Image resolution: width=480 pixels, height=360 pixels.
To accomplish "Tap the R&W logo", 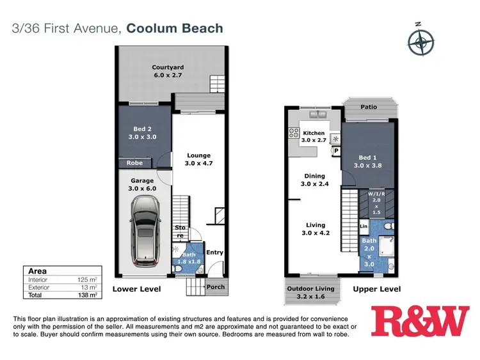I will click(420, 322).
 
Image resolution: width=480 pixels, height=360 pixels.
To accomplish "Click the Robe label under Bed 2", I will click(134, 163).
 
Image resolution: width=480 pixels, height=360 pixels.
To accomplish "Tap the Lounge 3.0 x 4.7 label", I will click(198, 160).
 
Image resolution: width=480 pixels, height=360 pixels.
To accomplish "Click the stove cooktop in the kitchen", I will click(294, 133).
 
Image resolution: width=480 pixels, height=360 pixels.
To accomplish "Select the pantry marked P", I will click(336, 151).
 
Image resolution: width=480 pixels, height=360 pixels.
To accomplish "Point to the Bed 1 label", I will click(368, 162).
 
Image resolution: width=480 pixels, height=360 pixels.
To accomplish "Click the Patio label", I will click(368, 107).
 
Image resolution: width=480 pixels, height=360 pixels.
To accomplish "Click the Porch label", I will click(216, 287).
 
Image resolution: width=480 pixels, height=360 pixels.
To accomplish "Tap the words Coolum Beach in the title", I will click(175, 28).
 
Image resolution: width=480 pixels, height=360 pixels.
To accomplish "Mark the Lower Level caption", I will click(136, 289).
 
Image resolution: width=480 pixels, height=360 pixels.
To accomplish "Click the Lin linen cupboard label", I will click(364, 226).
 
